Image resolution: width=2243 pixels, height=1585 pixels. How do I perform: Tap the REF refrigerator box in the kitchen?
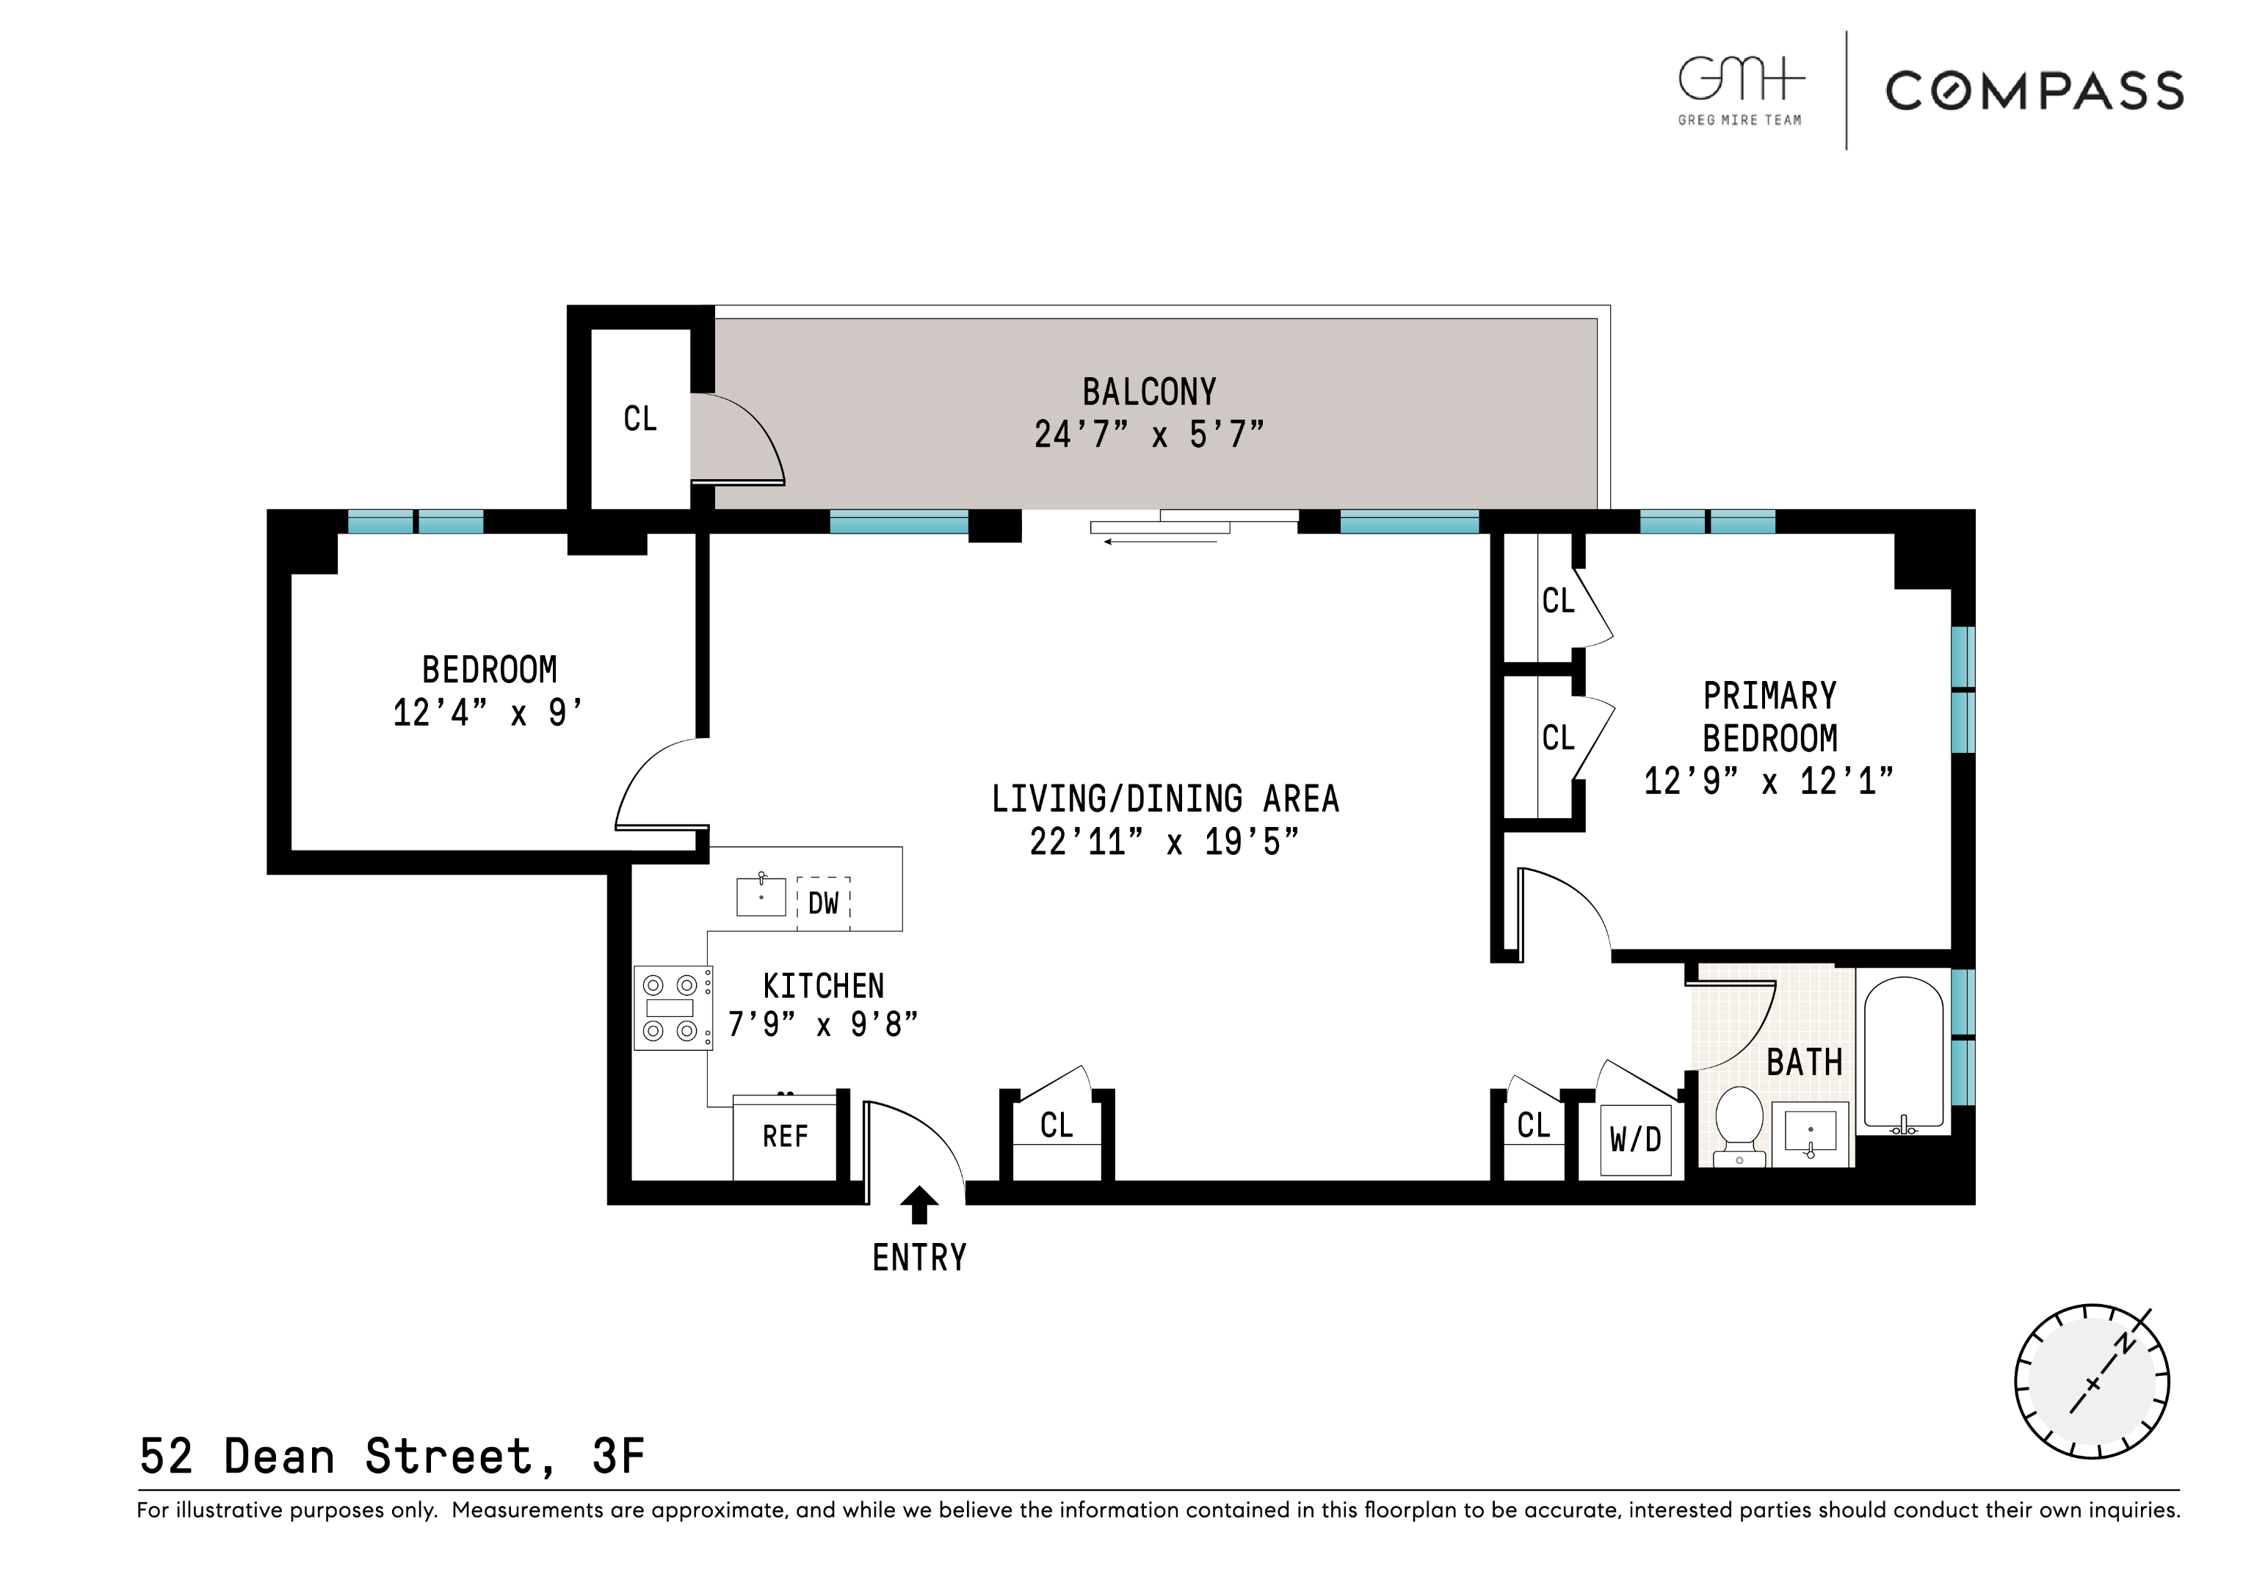point(784,1137)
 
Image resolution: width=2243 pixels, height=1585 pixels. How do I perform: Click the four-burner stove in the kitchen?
point(672,1008)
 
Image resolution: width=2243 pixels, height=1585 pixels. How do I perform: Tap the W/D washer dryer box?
point(1634,1140)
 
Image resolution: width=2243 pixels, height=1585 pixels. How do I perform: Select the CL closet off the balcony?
point(640,419)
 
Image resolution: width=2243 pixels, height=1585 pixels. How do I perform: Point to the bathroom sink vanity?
point(1811,1134)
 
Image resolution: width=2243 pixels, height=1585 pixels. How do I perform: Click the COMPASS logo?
point(2033,91)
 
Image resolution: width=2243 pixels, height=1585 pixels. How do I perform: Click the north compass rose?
point(2092,1382)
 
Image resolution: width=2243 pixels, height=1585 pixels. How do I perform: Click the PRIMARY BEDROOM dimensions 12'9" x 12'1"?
point(1768,782)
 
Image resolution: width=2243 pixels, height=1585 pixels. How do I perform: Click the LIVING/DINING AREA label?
point(1164,799)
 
